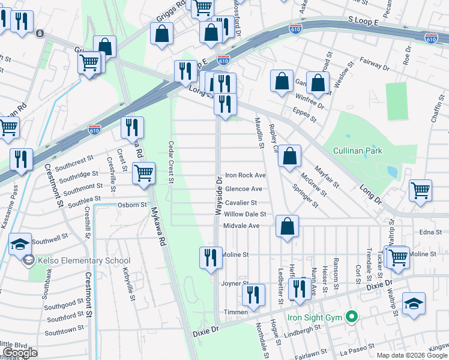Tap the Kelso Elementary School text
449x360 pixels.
(83, 261)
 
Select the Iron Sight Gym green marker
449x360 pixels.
(352, 316)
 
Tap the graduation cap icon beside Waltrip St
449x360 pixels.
(414, 304)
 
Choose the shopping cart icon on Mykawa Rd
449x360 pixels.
(143, 174)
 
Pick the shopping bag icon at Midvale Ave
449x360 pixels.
(288, 227)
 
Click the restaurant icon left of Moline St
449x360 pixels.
(211, 259)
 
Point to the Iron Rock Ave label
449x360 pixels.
(245, 175)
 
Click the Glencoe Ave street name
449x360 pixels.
(243, 188)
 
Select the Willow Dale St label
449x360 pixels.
(245, 214)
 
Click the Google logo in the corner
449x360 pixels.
(20, 353)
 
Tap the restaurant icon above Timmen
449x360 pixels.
(253, 296)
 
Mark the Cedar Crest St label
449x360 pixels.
(171, 162)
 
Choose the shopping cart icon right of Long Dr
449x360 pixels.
(420, 191)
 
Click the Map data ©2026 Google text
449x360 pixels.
(412, 355)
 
